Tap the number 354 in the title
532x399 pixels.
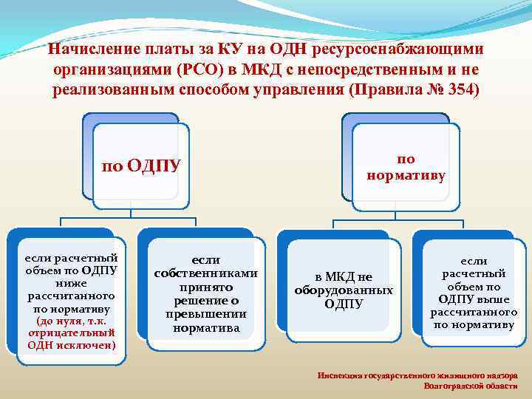click(461, 89)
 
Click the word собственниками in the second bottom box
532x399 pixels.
click(205, 273)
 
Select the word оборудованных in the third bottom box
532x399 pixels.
click(344, 290)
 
